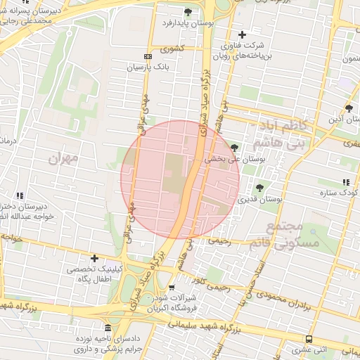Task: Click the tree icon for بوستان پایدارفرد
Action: point(188,12)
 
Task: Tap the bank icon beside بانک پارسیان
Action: point(148,56)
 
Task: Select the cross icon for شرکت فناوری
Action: point(243,34)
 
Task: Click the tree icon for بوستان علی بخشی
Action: point(234,147)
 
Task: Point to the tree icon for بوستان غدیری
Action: point(260,187)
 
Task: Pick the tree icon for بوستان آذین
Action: point(349,108)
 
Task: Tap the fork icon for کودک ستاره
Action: point(345,182)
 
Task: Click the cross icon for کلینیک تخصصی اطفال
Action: point(94,259)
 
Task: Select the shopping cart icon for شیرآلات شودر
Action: point(172,288)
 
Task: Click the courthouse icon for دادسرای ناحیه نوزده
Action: point(107,328)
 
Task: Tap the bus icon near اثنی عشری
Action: point(309,338)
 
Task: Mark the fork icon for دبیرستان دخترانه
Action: point(20,195)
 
